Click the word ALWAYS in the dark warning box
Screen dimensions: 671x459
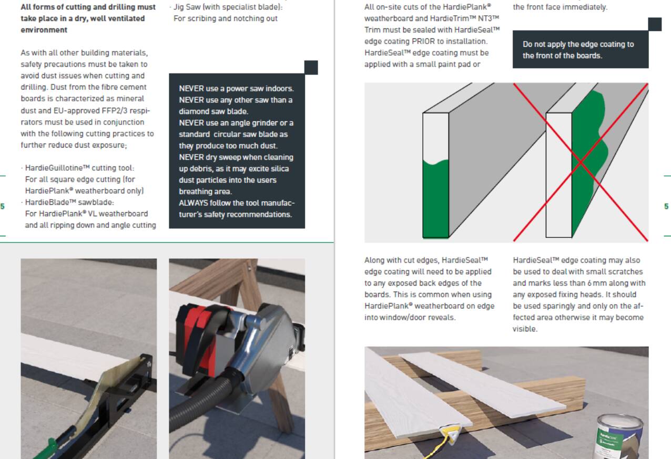pyautogui.click(x=193, y=203)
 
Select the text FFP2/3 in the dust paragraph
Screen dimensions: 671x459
pyautogui.click(x=114, y=111)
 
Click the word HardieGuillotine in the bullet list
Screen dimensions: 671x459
pyautogui.click(x=53, y=168)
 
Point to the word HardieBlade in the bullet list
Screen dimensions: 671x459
pyautogui.click(x=47, y=202)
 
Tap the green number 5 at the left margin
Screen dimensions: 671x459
pyautogui.click(x=3, y=206)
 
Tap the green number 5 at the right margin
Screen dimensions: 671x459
pyautogui.click(x=666, y=206)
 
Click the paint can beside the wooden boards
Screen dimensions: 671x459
pyautogui.click(x=618, y=437)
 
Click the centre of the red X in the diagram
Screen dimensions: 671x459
pyautogui.click(x=581, y=162)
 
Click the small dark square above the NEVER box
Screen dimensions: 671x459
pyautogui.click(x=311, y=67)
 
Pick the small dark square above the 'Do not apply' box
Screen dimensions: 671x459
pyautogui.click(x=655, y=24)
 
